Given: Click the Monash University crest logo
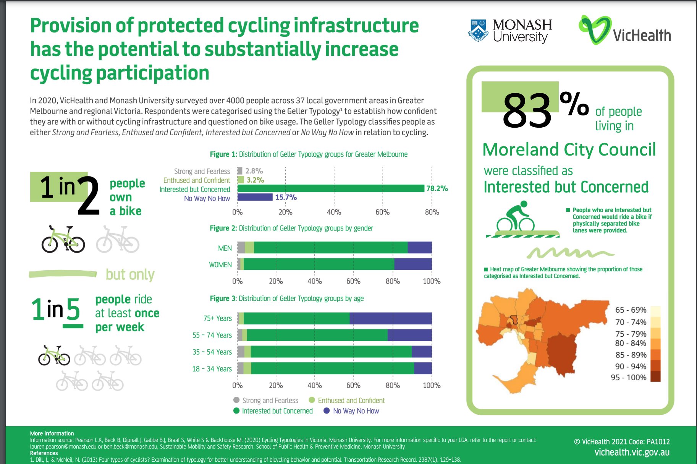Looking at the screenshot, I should [478, 30].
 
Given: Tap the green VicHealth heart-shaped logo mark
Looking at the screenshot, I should [594, 29].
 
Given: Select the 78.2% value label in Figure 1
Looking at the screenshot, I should [437, 188].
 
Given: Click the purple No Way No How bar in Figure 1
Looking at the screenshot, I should [255, 197].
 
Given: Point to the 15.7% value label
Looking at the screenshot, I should [286, 197].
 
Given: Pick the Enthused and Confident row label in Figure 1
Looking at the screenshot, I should [196, 180].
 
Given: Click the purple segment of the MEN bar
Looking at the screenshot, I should [419, 248].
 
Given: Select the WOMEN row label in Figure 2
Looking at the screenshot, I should [220, 264].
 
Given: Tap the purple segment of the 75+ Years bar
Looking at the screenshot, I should [390, 318].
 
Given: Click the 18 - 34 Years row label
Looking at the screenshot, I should [212, 369].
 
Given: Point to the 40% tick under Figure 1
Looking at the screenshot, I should [334, 212].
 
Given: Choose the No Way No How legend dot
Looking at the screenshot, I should [327, 411].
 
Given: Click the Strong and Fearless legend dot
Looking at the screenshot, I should [236, 400].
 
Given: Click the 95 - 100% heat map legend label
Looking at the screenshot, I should [629, 378].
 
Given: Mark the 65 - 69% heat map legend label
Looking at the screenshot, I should [631, 310].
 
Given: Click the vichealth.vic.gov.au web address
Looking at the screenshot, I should [632, 453].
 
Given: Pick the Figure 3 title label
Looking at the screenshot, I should [286, 299].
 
